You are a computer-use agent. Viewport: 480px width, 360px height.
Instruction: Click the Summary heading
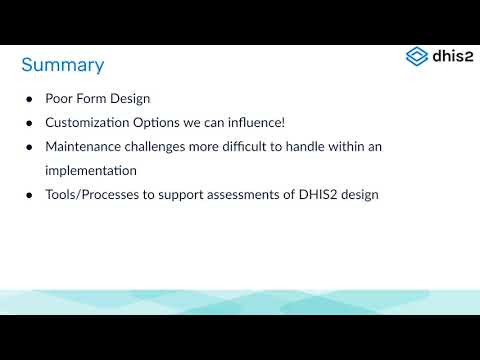(62, 65)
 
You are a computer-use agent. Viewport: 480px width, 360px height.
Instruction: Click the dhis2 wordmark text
(450, 56)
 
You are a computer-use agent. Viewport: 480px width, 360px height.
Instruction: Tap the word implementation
(91, 170)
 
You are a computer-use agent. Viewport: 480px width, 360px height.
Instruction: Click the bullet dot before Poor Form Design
(30, 100)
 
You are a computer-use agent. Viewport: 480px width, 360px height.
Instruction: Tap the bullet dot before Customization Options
(30, 123)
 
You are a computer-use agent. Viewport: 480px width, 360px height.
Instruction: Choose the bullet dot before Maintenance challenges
(30, 147)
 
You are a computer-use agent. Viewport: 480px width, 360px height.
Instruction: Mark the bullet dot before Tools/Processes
(30, 194)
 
